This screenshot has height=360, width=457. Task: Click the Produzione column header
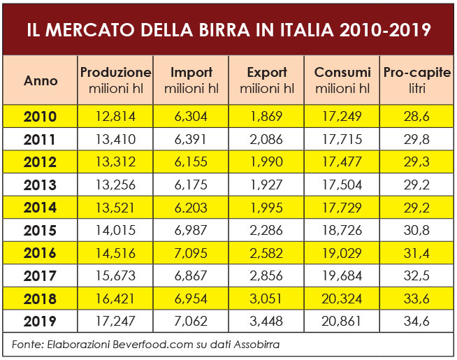pos(115,80)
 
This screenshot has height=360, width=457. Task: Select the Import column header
pos(191,80)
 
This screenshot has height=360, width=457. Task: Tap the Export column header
pos(267,80)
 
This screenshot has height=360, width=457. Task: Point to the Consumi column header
pos(342,80)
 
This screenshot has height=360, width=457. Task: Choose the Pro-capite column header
pos(416,80)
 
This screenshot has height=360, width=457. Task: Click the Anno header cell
pos(41,80)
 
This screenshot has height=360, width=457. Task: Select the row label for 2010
pos(40,117)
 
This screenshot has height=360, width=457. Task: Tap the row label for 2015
pos(40,230)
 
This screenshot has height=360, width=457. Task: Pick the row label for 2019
pos(40,322)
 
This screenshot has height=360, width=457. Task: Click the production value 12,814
pos(115,117)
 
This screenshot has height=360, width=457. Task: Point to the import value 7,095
pos(191,253)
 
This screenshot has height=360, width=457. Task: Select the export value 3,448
pos(266,322)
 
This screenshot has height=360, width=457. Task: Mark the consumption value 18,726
pos(342,230)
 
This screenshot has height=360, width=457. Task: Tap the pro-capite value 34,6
pos(417,322)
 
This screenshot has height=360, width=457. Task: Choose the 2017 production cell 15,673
pos(115,276)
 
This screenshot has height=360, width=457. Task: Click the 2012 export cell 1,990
pos(266,162)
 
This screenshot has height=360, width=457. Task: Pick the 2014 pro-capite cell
pos(417,208)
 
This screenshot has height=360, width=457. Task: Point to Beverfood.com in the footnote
pos(140,344)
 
